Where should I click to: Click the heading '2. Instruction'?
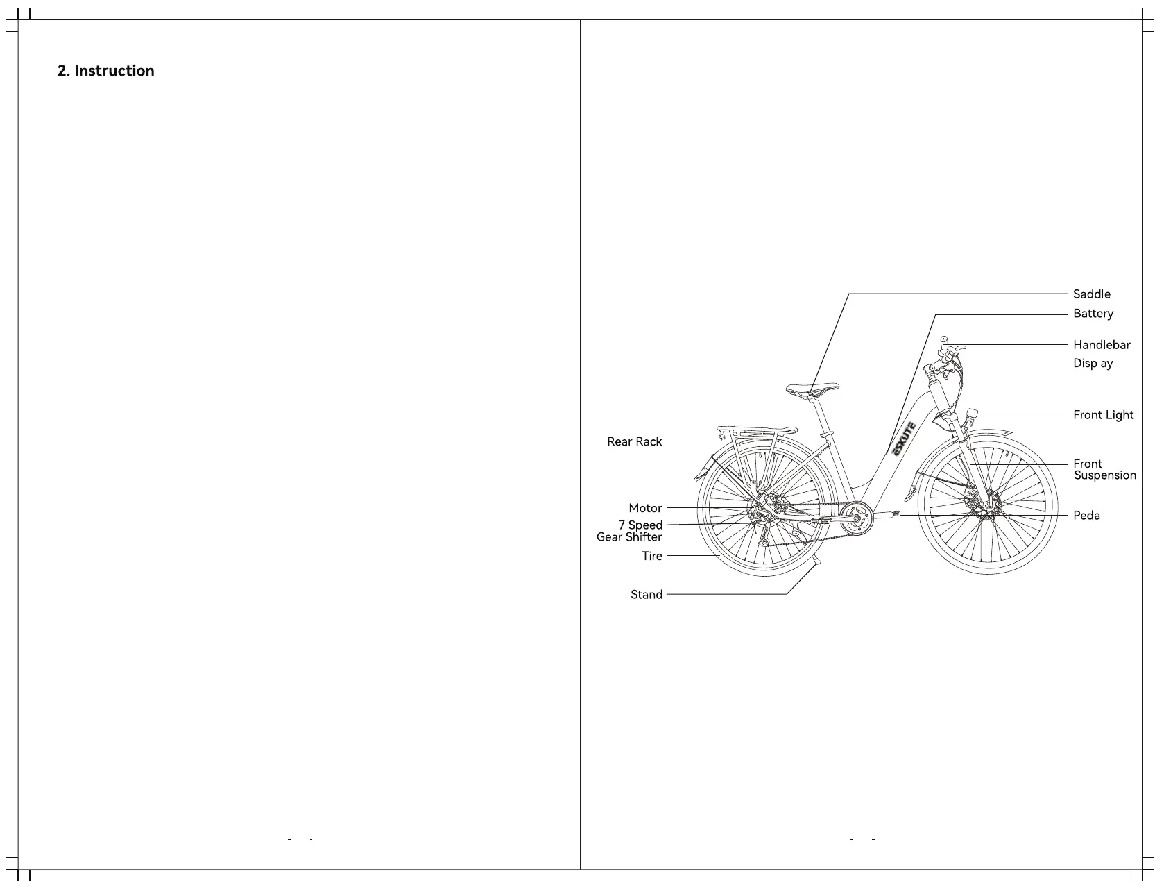[105, 71]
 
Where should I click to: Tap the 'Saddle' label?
[1091, 294]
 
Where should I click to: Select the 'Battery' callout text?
[1093, 314]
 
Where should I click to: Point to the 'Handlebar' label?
[1101, 345]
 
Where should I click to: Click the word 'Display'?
[1093, 364]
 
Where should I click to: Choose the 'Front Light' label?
[1103, 415]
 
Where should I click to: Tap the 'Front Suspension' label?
[1104, 469]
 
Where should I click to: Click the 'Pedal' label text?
[1088, 516]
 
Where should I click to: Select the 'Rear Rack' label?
[634, 441]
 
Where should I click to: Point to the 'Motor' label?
[645, 508]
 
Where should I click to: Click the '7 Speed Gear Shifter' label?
[629, 531]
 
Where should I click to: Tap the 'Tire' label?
[651, 556]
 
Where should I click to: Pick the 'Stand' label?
[646, 595]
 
